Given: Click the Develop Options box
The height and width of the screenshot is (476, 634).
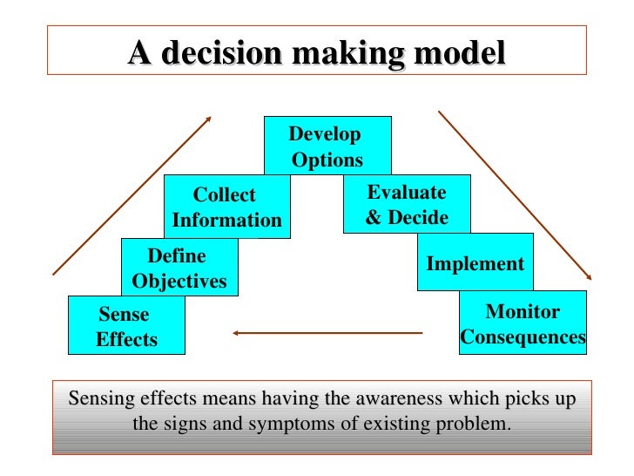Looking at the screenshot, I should tap(327, 146).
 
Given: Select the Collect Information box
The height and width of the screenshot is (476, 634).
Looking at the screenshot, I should tap(226, 207).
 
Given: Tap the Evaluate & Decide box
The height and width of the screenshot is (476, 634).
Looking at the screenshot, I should tap(406, 204).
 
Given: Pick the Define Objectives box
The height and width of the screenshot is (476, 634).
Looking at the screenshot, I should tap(179, 268).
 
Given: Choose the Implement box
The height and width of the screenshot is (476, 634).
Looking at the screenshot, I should tap(475, 263).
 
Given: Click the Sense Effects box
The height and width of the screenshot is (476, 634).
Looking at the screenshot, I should tap(126, 326).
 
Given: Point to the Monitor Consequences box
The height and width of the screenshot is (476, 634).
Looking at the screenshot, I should tap(523, 323).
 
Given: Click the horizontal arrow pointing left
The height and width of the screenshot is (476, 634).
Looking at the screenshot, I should tap(327, 332).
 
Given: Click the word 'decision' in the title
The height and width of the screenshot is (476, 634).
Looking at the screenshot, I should tap(220, 53).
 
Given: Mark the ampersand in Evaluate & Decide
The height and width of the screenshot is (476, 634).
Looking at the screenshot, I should tap(374, 217).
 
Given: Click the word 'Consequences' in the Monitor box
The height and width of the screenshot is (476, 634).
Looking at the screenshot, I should tap(523, 337).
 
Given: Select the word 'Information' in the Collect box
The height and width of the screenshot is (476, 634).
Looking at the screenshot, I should tap(227, 221).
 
